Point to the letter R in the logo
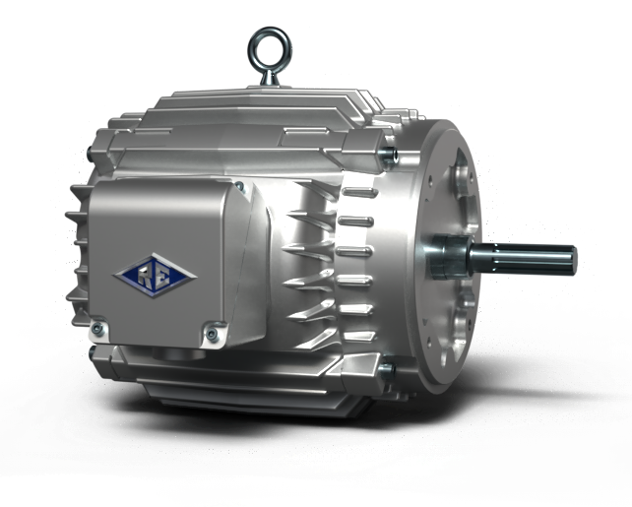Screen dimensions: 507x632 145,273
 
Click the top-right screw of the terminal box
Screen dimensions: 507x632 238,186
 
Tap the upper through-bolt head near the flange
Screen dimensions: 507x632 392,156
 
